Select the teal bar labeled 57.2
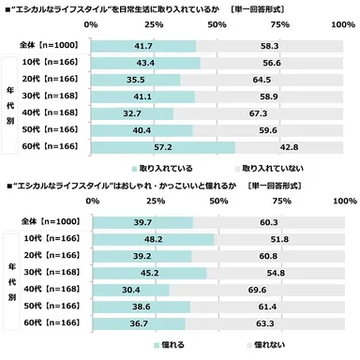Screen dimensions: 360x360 tap(164, 147)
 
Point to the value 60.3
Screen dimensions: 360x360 tap(256, 221)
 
